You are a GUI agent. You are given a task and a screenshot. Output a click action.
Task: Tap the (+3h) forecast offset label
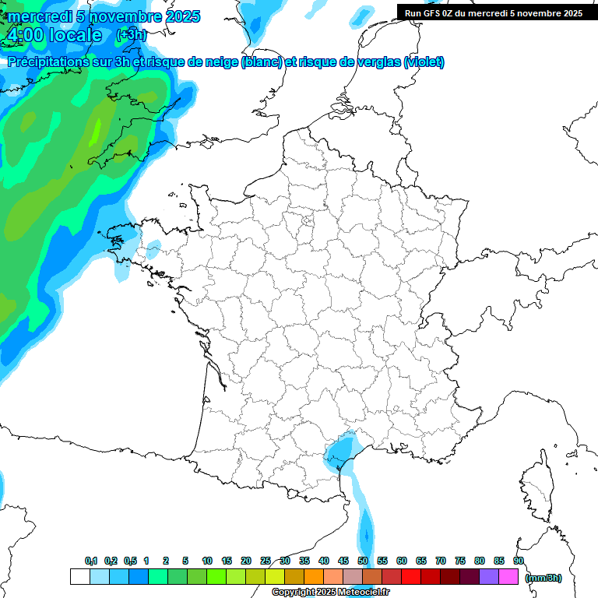pyautogui.click(x=130, y=35)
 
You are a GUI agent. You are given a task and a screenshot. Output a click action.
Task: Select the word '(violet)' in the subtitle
pyautogui.click(x=424, y=62)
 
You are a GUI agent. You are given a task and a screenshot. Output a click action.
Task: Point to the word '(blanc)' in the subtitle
pyautogui.click(x=262, y=62)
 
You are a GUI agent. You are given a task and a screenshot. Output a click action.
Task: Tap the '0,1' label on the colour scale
pyautogui.click(x=91, y=561)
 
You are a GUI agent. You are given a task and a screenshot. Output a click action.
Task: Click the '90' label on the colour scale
pyautogui.click(x=519, y=561)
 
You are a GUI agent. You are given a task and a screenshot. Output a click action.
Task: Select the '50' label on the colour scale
pyautogui.click(x=363, y=561)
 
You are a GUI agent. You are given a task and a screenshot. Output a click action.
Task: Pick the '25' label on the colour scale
pyautogui.click(x=266, y=561)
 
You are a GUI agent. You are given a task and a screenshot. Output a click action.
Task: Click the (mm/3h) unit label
pyautogui.click(x=543, y=578)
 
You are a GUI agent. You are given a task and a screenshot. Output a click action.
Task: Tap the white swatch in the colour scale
pyautogui.click(x=79, y=577)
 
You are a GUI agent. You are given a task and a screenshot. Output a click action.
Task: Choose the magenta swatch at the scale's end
pyautogui.click(x=508, y=577)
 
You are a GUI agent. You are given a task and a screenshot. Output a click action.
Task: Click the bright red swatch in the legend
pyautogui.click(x=411, y=577)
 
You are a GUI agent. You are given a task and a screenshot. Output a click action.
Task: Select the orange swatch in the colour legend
pyautogui.click(x=314, y=577)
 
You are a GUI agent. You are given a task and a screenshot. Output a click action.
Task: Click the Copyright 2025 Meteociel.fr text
pyautogui.click(x=330, y=593)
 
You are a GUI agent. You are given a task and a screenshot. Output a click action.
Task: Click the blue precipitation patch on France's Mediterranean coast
pyautogui.click(x=341, y=452)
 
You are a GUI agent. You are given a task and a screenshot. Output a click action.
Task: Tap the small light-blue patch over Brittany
pyautogui.click(x=153, y=249)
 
